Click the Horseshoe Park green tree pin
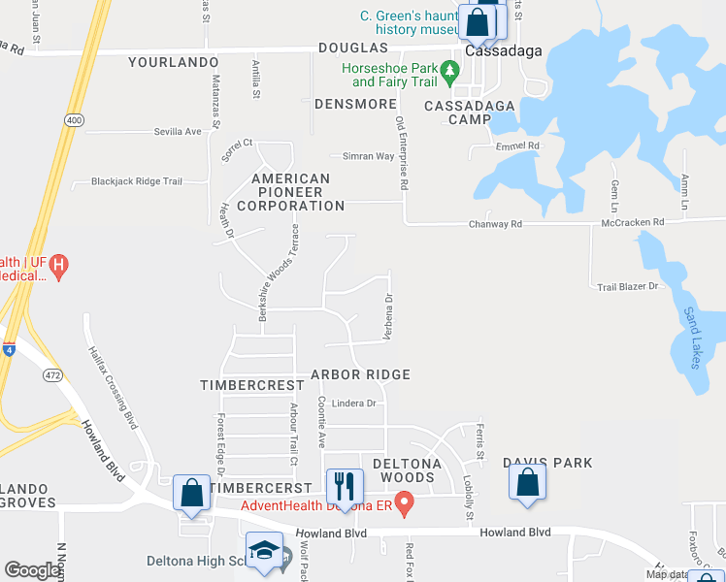tap(449, 70)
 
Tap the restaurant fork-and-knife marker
tap(344, 485)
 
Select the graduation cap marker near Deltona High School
tap(263, 552)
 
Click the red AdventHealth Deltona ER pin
tap(406, 503)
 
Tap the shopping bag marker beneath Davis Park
tap(527, 482)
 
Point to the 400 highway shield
tap(74, 119)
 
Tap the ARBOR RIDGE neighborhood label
tap(360, 374)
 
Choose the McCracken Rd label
tap(632, 222)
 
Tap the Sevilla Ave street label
tap(177, 131)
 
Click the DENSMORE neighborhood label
tap(355, 104)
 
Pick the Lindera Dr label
tap(353, 404)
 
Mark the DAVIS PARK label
tap(546, 464)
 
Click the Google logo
tap(32, 570)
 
